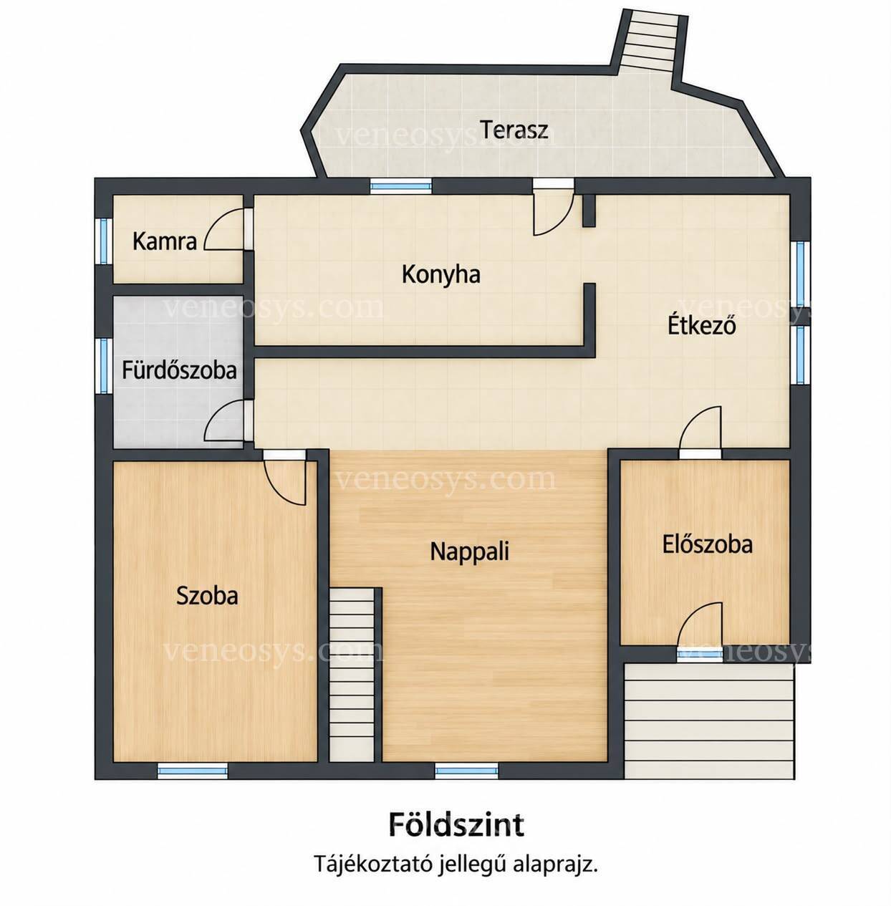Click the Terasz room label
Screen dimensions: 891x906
click(514, 130)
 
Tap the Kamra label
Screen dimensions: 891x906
click(165, 241)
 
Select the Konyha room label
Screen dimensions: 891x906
click(441, 274)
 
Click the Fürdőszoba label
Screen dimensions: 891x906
click(179, 370)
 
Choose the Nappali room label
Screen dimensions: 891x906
click(470, 551)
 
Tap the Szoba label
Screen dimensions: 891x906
click(207, 596)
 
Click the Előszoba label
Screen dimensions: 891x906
click(708, 544)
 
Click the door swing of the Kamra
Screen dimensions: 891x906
click(224, 229)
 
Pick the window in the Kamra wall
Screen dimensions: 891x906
click(105, 241)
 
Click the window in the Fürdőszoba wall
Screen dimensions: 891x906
click(104, 365)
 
